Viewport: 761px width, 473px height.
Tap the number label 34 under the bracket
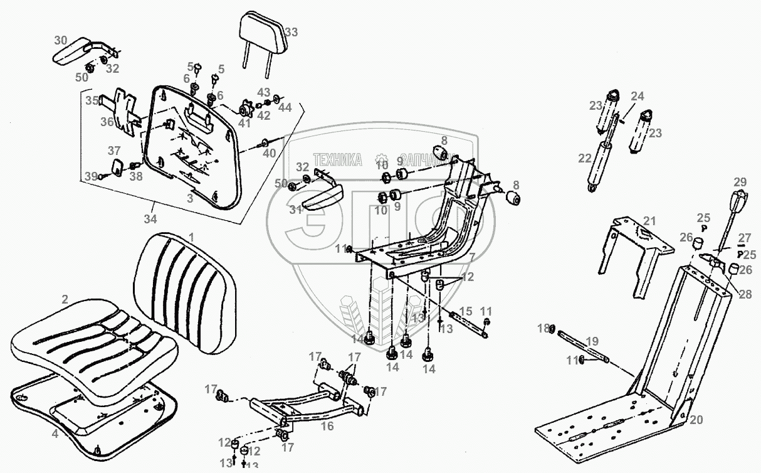click(x=150, y=220)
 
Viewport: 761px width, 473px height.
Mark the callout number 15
click(x=466, y=312)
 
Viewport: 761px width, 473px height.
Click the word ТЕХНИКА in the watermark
click(x=337, y=161)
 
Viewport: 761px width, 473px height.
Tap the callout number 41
click(x=244, y=124)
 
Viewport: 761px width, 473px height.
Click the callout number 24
click(x=637, y=97)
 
